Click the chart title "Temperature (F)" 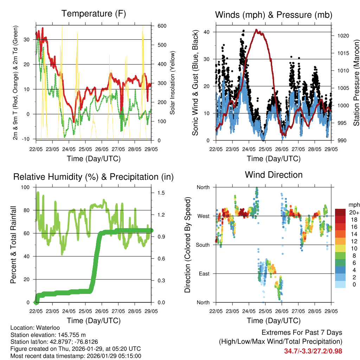pos(94,14)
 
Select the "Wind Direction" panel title pos(274,175)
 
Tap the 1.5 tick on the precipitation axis pos(162,193)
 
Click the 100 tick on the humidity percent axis pos(26,187)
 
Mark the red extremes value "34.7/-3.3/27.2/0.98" pos(313,351)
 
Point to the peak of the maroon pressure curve pos(257,30)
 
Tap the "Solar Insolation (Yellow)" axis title pos(173,83)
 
